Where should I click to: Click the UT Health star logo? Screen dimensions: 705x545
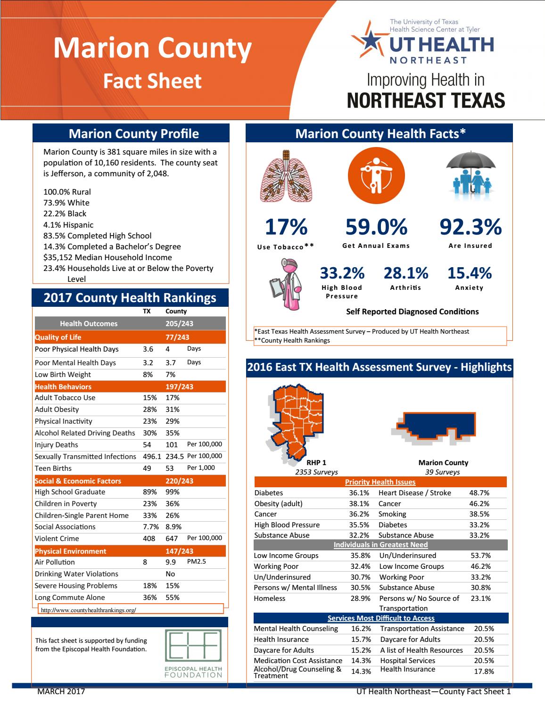(368, 41)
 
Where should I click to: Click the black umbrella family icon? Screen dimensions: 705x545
(471, 174)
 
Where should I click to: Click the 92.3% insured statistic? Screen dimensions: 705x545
(470, 227)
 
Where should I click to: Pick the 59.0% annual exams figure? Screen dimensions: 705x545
(376, 227)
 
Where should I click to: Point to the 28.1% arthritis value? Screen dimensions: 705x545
(405, 273)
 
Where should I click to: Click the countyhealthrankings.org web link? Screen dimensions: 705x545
(89, 610)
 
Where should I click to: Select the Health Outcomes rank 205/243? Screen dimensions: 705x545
(179, 324)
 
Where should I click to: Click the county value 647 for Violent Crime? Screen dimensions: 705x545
(172, 538)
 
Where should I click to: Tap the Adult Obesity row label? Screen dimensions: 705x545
(57, 410)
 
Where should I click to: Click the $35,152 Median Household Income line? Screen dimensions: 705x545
(107, 257)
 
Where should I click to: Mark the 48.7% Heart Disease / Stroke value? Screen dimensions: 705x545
(479, 493)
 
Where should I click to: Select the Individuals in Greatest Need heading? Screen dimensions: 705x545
(380, 545)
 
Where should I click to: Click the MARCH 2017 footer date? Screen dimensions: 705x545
(61, 691)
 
